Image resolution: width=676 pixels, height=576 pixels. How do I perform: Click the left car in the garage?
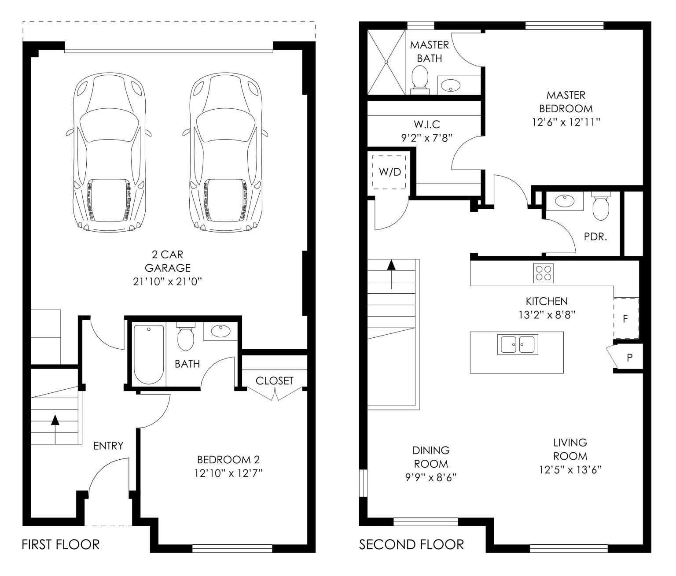tap(109, 153)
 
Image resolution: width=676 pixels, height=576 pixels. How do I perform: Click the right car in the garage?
tap(225, 153)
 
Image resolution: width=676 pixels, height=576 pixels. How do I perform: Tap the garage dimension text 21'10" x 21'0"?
tap(167, 282)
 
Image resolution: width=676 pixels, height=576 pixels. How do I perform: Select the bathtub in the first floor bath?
tap(149, 354)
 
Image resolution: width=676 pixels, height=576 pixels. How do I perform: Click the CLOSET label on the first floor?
tap(274, 380)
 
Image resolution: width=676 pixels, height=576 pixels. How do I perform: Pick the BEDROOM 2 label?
tap(228, 459)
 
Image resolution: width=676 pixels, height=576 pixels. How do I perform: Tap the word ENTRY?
tap(108, 446)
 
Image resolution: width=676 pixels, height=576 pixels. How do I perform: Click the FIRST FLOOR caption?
tap(60, 545)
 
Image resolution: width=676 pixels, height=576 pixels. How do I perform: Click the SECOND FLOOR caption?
tap(411, 545)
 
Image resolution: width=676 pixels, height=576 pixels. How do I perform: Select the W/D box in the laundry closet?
tap(389, 172)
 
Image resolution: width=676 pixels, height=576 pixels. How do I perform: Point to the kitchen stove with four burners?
tap(543, 273)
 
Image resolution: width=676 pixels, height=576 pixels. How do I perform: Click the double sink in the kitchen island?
tap(518, 344)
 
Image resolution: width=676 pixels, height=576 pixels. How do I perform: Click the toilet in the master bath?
tap(420, 80)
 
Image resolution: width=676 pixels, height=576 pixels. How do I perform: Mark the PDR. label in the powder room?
tap(595, 236)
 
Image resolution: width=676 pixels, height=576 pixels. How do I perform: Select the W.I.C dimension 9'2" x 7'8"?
tap(426, 138)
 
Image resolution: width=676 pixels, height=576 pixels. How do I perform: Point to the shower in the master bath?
tap(386, 62)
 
